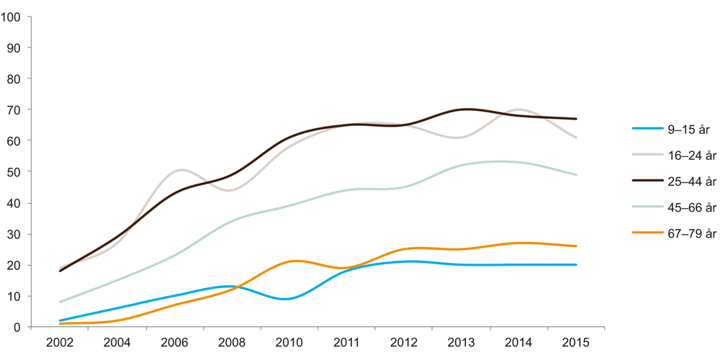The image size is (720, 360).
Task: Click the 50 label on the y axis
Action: [x=14, y=172]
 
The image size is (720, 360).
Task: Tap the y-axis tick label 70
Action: [x=14, y=109]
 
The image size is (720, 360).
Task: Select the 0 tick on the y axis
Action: [x=17, y=328]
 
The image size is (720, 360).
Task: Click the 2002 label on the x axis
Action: [x=59, y=343]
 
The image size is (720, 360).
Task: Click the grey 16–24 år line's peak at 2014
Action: [x=518, y=109]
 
